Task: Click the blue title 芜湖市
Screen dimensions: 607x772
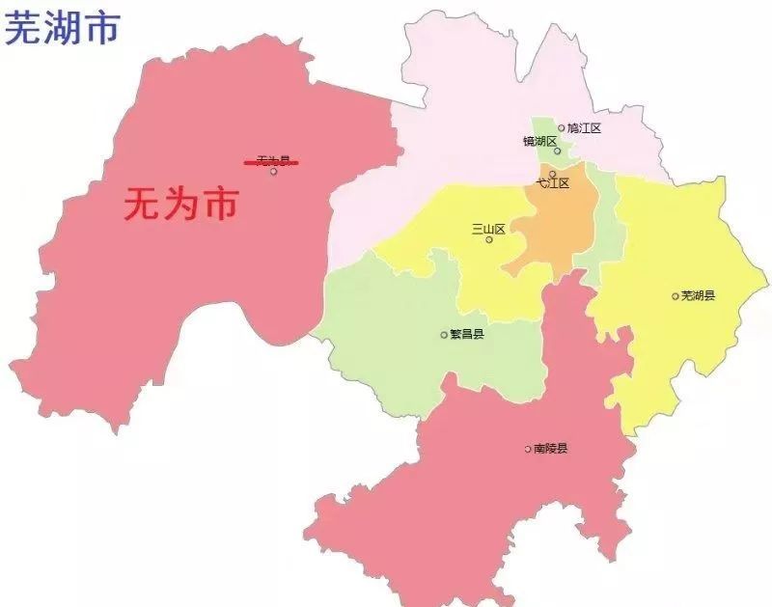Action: pos(63,28)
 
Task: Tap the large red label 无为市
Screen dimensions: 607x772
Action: pos(180,205)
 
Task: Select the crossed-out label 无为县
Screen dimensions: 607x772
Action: pos(271,162)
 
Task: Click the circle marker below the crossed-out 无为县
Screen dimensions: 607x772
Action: pos(274,172)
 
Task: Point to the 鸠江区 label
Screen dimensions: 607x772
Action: pos(584,127)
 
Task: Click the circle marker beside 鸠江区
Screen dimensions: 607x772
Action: pos(562,127)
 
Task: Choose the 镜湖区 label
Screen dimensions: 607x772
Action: pos(539,141)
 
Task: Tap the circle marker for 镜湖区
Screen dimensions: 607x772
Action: pos(557,151)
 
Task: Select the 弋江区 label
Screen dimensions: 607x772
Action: pos(553,183)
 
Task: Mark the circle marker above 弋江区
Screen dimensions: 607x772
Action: pos(552,174)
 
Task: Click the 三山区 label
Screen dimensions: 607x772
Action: pos(488,229)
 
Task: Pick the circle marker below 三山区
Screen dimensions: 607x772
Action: pos(489,239)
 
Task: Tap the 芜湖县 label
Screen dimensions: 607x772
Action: pos(698,295)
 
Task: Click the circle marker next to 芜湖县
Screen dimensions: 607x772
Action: pos(675,296)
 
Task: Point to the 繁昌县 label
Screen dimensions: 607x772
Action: pos(467,335)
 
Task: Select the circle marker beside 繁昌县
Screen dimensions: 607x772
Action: pos(445,335)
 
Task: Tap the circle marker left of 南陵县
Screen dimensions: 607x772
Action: pos(528,449)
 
